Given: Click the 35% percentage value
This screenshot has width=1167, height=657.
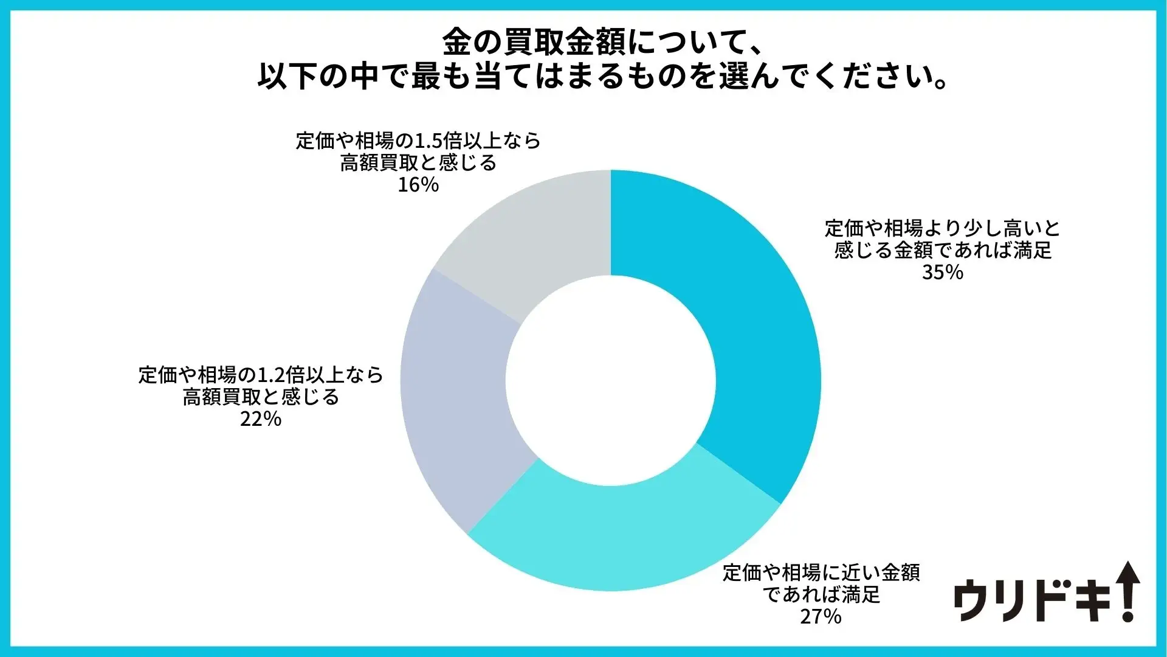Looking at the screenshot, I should point(942,273).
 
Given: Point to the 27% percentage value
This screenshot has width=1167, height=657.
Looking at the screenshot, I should point(821,617).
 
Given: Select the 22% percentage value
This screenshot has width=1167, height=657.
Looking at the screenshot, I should point(261,419).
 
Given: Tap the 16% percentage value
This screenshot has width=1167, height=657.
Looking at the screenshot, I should point(418,185).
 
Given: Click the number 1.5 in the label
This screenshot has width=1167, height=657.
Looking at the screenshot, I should point(428,141).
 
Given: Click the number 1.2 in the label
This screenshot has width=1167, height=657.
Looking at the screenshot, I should point(271,375).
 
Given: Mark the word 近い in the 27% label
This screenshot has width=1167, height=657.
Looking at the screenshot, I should point(861,573).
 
